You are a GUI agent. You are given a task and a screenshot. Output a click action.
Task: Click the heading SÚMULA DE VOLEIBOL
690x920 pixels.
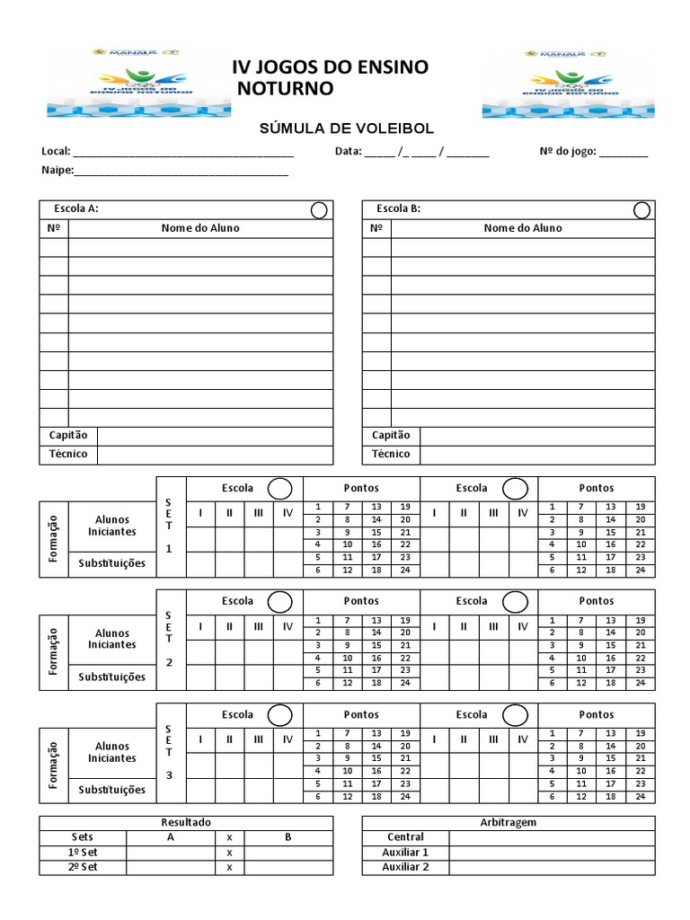pos(345,130)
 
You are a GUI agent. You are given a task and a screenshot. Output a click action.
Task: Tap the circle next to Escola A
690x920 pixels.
pos(319,210)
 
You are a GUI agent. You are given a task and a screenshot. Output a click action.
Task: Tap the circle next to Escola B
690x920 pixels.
pos(642,210)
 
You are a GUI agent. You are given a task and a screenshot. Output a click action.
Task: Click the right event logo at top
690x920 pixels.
pos(550,83)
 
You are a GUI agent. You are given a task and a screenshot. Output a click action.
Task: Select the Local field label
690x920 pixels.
pos(55,152)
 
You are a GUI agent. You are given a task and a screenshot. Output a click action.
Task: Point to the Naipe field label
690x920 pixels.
pos(57,170)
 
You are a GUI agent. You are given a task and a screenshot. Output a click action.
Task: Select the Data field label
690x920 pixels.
pos(348,152)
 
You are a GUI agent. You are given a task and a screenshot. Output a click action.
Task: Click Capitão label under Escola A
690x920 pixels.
pos(68,435)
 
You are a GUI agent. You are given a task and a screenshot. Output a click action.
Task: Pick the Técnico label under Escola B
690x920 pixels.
pos(391,454)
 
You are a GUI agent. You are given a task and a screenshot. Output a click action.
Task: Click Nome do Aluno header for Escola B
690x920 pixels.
pos(523,228)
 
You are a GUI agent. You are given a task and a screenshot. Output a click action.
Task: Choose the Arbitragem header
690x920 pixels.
pos(509,822)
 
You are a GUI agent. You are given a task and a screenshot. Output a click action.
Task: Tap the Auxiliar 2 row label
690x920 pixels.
pos(405,867)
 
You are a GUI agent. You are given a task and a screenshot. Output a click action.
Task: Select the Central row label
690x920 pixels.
pos(405,837)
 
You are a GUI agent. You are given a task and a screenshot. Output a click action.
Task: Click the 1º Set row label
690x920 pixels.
pos(83,852)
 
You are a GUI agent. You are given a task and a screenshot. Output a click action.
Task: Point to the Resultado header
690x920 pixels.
pos(186,822)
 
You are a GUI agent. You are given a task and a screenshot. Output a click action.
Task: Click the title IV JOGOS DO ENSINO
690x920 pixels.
pos(331,67)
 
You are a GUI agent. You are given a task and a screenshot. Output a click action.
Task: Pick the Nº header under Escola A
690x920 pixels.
pos(53,228)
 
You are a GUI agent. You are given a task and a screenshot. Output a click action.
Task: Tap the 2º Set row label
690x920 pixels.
pos(83,867)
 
